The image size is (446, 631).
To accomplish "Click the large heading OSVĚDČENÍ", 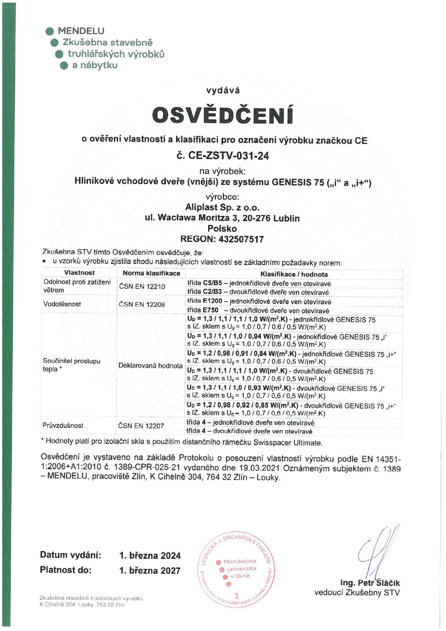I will tap(222, 115).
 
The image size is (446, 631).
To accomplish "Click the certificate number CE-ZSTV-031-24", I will tap(223, 156).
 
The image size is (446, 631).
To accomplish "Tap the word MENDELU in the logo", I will tap(81, 31).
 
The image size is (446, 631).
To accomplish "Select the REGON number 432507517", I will tap(241, 239).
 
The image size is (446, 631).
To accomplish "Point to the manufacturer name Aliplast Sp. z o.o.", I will tap(222, 207).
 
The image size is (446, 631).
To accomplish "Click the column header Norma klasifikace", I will tap(151, 273).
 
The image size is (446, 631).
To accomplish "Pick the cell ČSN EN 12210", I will tap(142, 287).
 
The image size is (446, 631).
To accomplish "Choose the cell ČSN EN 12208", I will tap(142, 304).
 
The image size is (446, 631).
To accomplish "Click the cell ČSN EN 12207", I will tap(141, 426).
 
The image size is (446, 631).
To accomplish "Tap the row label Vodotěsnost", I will tap(62, 304).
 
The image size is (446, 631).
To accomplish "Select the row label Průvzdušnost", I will tap(63, 425).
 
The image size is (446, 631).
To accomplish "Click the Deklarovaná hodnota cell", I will tap(150, 366).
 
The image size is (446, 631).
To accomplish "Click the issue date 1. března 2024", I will tap(150, 555).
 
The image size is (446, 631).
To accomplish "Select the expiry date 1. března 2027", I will tap(150, 571).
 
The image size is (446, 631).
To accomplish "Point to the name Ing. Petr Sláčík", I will tap(370, 583).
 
